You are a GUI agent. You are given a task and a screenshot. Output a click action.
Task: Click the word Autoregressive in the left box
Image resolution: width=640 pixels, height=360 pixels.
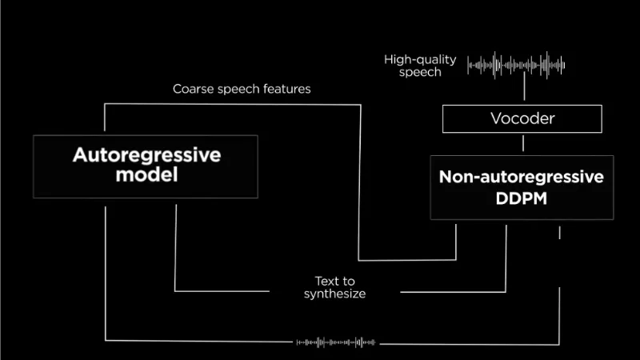coord(147,155)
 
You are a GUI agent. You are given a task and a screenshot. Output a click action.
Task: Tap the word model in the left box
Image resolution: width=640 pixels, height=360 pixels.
coord(146,174)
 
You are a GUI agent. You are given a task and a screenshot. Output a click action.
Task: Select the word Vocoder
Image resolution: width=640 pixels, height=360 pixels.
coord(522,118)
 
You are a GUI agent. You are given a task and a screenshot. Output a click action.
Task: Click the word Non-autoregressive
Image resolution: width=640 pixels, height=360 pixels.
coord(522,177)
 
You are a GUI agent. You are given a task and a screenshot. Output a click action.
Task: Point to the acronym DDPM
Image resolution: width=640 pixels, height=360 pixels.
coord(522,198)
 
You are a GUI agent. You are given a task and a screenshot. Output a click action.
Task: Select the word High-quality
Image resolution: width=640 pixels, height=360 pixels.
coord(420,60)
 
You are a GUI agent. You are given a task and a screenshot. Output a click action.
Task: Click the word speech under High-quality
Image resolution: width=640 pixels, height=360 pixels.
coord(420,72)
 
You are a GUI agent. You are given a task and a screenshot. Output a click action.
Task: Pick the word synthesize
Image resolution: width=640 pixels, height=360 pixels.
coord(334,294)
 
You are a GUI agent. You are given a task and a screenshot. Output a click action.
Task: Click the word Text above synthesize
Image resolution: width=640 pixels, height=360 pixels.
coord(326,282)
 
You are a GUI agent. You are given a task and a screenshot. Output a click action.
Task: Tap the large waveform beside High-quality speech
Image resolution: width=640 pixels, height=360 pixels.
coord(516,65)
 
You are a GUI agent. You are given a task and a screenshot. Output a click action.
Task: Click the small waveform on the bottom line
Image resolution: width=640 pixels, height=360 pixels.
coord(335,342)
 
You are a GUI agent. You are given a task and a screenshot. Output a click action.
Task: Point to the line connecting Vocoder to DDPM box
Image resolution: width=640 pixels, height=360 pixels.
coord(523,144)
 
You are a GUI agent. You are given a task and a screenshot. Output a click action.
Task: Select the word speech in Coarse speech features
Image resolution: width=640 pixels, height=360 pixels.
coord(238,90)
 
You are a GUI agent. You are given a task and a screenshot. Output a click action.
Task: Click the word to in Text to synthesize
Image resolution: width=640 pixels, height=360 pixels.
coord(348,282)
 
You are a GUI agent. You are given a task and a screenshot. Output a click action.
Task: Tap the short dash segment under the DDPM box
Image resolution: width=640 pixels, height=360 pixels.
coord(559,233)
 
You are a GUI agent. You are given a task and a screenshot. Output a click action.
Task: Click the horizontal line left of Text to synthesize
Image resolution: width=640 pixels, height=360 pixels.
coord(222,291)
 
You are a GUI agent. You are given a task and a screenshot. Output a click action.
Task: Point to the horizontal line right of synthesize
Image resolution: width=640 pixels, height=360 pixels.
coord(453,292)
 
